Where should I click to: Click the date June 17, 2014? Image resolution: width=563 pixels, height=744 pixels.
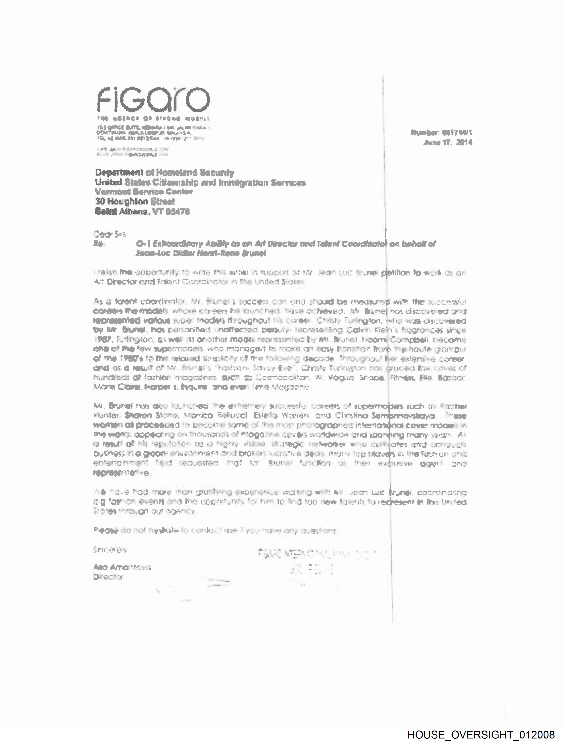coord(448,142)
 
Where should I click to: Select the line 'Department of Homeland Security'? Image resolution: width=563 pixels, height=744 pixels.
coord(164,172)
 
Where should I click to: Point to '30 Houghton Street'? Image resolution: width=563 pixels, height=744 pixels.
coord(135,201)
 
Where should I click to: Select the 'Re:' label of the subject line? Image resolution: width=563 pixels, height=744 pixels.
coord(99,244)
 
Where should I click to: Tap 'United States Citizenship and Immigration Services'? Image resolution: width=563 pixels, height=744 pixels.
coord(200,183)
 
